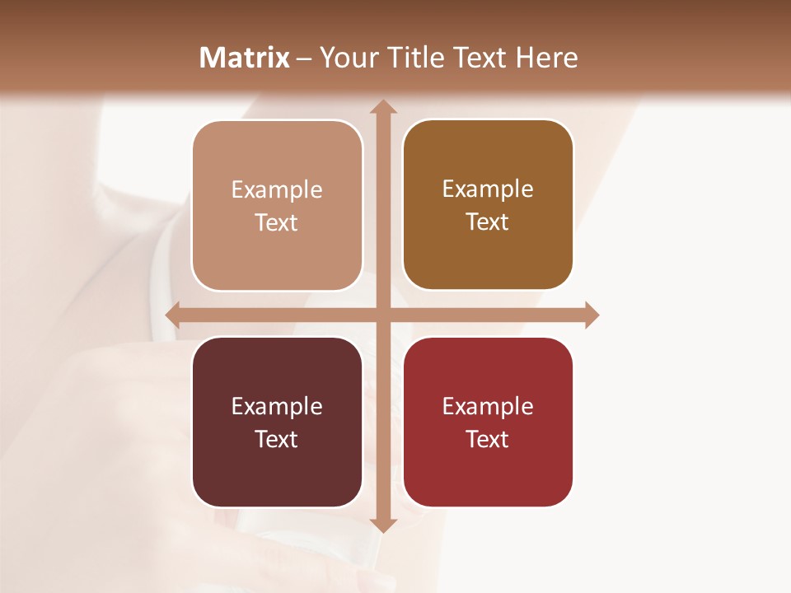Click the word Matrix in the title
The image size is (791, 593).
(x=245, y=58)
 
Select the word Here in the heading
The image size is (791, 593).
(x=546, y=58)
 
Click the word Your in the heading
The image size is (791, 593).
(x=344, y=58)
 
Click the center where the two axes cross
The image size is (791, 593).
(x=382, y=315)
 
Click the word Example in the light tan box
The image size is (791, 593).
(x=277, y=190)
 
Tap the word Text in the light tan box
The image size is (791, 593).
(x=277, y=223)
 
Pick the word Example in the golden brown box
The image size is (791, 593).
(x=488, y=189)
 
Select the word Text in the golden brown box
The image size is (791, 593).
(x=488, y=222)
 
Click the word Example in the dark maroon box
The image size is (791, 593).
(x=277, y=406)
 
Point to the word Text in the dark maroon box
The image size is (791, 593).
(x=277, y=439)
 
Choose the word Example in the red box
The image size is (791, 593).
(x=488, y=406)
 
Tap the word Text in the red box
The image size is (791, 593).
(x=488, y=439)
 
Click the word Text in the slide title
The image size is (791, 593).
(x=480, y=58)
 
